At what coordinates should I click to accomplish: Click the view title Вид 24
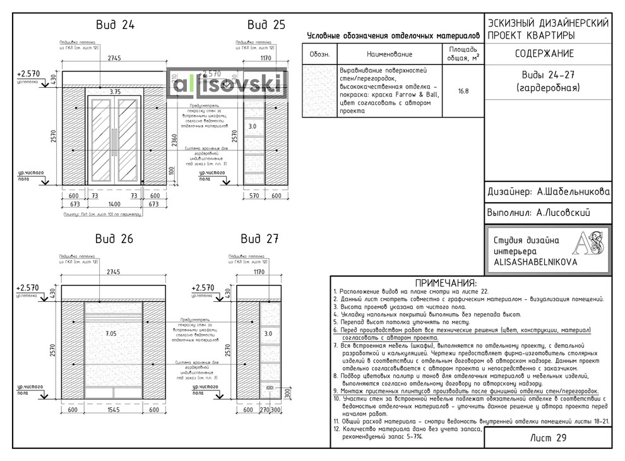tap(115, 25)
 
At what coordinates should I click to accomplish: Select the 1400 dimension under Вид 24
tap(114, 204)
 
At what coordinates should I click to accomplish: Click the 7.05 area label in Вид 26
tap(111, 333)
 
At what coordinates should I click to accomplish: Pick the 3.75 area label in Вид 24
tap(115, 92)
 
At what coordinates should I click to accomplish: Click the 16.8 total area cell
tap(463, 91)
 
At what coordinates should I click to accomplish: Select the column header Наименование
tap(389, 54)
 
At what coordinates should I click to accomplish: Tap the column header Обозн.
tap(319, 54)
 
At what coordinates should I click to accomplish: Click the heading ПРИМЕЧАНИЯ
tap(446, 282)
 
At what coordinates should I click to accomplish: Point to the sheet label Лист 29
tap(547, 438)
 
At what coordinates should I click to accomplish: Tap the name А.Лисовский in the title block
tap(562, 213)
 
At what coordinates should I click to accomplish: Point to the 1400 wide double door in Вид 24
tap(114, 140)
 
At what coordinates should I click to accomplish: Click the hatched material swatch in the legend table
tap(319, 90)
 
